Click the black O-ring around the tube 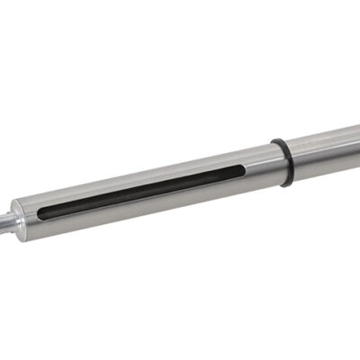[x=283, y=162]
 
